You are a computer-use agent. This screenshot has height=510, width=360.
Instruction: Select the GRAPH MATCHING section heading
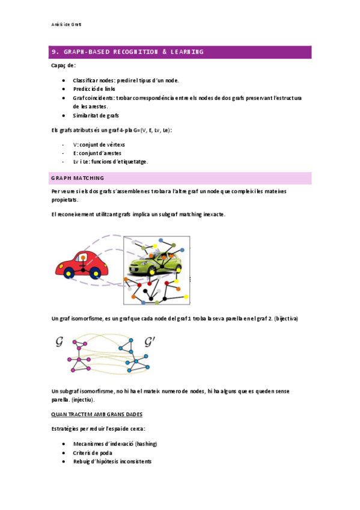tap(78, 178)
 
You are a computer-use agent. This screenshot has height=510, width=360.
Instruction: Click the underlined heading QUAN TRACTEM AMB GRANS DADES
tap(97, 414)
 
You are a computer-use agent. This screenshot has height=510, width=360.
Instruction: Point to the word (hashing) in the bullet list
tap(147, 443)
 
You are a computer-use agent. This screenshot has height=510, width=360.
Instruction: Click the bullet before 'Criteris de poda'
tap(64, 452)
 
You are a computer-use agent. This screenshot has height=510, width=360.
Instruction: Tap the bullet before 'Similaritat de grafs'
tap(64, 115)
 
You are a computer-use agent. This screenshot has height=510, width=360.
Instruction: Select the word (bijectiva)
tap(286, 318)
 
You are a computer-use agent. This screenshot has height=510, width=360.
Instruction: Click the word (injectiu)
tap(83, 399)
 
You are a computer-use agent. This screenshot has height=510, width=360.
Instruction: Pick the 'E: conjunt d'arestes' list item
tap(97, 153)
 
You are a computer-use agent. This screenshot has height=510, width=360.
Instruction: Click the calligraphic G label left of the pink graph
tap(59, 342)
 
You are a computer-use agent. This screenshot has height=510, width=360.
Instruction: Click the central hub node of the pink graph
tap(79, 351)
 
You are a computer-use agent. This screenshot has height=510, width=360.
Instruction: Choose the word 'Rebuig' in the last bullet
tap(82, 461)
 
